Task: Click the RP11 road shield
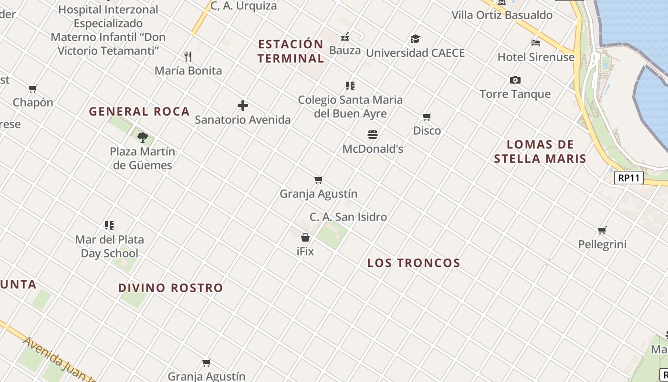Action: (628, 178)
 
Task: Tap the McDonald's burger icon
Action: (373, 135)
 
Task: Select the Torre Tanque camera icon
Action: (515, 80)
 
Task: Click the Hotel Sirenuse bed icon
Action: (536, 43)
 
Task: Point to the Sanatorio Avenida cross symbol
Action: (243, 106)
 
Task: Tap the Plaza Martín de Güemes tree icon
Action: (142, 138)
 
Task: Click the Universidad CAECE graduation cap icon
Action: (415, 39)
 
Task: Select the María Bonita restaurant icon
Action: (188, 57)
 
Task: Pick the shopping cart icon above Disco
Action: (427, 117)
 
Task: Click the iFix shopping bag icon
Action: (305, 237)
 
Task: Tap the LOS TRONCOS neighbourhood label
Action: (414, 263)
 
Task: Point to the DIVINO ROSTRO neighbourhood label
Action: (170, 288)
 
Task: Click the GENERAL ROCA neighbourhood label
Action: (139, 112)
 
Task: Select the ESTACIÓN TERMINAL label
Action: (291, 51)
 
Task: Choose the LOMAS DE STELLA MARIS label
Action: (540, 151)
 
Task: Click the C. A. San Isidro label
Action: (348, 217)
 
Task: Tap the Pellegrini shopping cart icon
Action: (602, 230)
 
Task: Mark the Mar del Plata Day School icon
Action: (109, 225)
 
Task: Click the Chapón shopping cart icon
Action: (33, 88)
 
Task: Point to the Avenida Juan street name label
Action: (57, 358)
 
